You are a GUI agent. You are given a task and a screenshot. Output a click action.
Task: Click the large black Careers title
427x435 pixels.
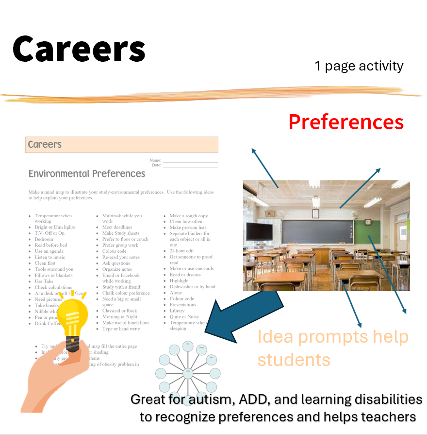tap(79, 49)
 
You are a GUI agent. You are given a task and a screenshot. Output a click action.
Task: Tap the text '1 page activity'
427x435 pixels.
tap(359, 66)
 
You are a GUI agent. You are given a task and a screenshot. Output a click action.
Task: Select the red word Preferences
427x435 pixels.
tap(346, 122)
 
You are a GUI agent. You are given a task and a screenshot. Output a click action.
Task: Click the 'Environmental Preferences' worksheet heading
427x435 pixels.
tap(87, 174)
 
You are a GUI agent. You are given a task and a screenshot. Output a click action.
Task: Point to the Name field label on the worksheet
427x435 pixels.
tap(155, 160)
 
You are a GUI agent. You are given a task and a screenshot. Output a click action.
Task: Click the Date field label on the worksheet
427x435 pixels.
tap(156, 165)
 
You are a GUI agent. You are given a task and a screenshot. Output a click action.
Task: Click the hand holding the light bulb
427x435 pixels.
tap(53, 374)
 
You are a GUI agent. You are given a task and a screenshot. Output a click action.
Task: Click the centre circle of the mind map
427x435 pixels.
tap(187, 373)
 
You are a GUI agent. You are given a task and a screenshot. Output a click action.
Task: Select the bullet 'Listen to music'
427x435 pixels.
tap(49, 257)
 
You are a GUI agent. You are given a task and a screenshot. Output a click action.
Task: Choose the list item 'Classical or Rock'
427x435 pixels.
tap(119, 311)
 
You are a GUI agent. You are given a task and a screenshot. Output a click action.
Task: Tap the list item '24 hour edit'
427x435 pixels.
tap(181, 251)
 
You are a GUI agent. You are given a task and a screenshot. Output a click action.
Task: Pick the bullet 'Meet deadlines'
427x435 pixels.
tap(117, 227)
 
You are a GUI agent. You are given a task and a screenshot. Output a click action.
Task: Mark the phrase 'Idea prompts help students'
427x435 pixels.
tap(332, 348)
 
